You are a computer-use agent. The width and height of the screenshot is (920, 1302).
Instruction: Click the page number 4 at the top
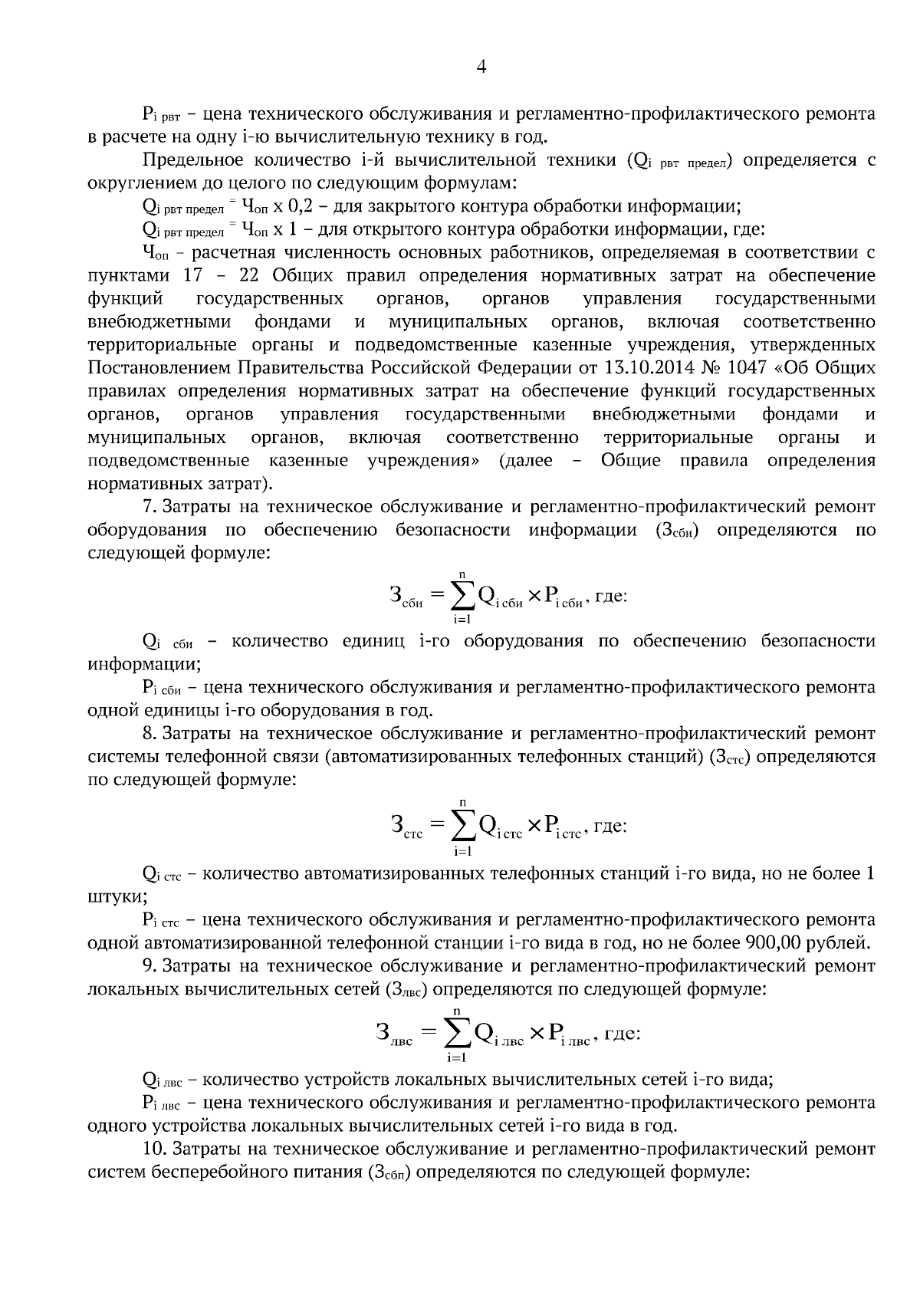pos(481,67)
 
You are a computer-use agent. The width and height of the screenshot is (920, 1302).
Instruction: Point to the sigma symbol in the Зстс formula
pos(462,826)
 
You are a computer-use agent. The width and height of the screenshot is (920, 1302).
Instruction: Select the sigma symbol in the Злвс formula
pos(458,1034)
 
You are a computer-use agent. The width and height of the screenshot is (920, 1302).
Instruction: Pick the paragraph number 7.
pos(149,507)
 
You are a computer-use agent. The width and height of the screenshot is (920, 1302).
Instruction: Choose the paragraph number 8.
pos(149,734)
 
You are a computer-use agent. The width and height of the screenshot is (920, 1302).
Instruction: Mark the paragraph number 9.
pos(149,965)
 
